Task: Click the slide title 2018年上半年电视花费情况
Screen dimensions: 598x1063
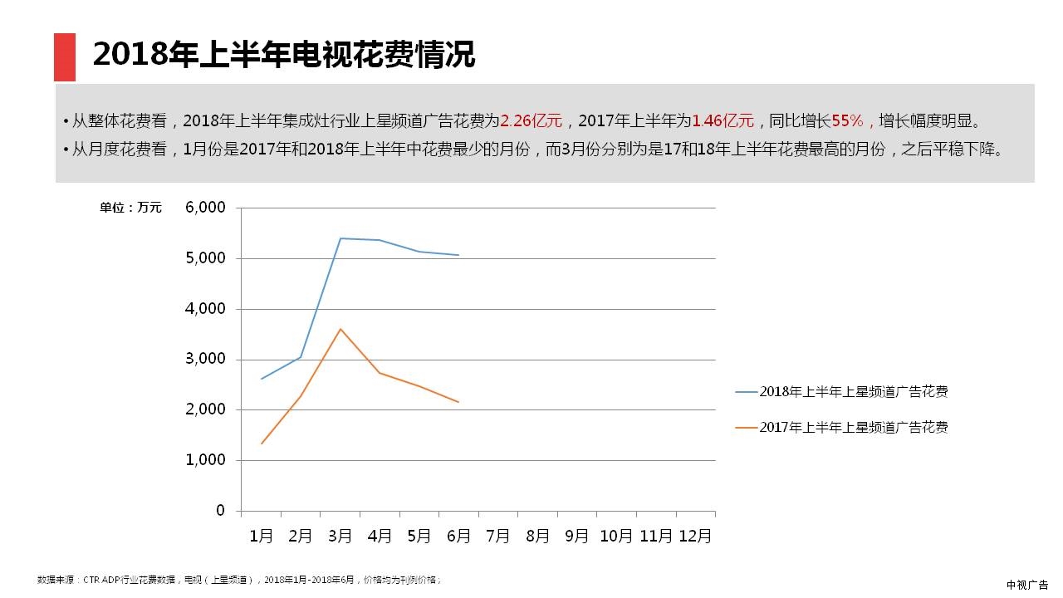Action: click(x=283, y=55)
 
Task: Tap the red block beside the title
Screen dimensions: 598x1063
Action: click(x=65, y=57)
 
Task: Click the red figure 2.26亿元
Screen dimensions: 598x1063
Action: click(x=531, y=121)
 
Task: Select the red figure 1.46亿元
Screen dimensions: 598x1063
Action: click(x=723, y=121)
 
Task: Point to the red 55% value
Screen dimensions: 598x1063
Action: click(x=848, y=121)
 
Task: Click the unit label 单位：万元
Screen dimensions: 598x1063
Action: click(x=130, y=208)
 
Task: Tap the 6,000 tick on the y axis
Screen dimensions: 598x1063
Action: click(x=205, y=208)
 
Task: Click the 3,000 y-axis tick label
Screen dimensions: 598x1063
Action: click(x=205, y=360)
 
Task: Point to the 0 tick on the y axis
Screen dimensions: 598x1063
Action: click(x=220, y=511)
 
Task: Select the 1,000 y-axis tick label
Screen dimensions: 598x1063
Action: click(x=205, y=460)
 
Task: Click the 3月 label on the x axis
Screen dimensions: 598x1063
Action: click(x=340, y=537)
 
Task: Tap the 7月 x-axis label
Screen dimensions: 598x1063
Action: click(x=497, y=537)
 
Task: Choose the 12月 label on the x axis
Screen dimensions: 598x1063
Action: click(x=694, y=537)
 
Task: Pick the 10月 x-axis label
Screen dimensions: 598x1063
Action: click(x=616, y=537)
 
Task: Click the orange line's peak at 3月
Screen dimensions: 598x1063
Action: click(x=340, y=329)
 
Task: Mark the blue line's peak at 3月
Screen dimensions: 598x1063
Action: click(x=340, y=238)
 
